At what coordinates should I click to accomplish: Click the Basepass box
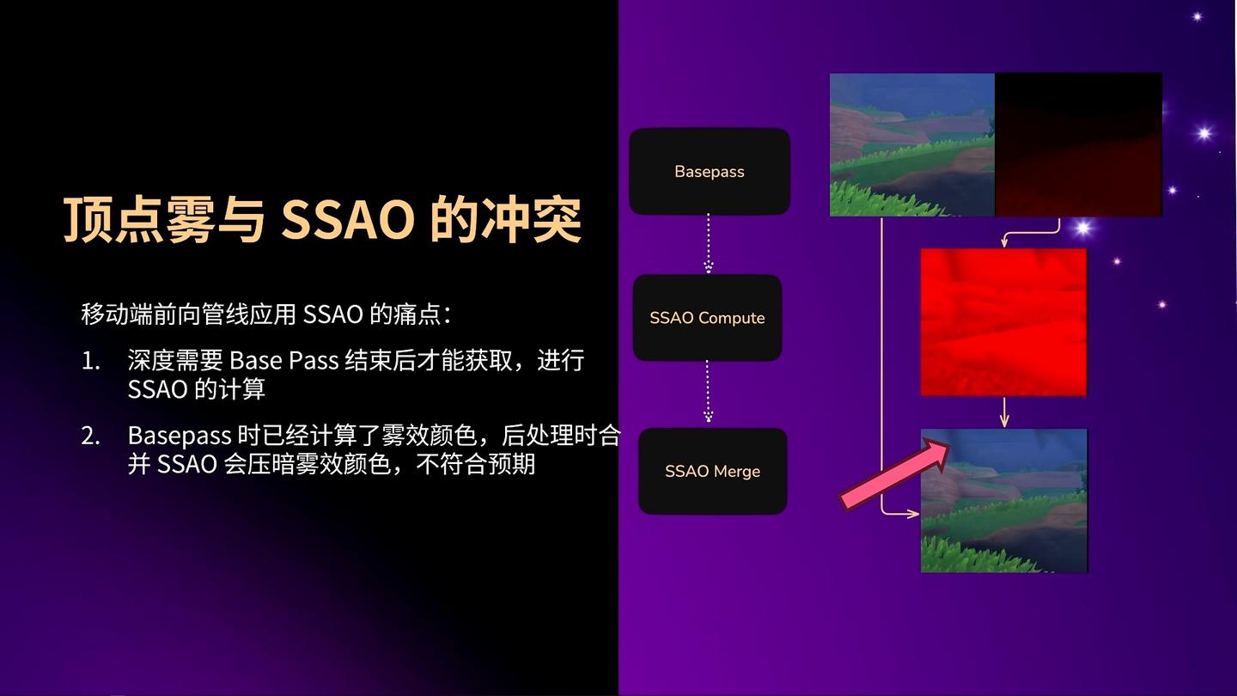710,171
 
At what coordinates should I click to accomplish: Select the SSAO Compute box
708,318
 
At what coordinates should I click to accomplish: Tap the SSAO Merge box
712,471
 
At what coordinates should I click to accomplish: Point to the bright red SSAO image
1003,322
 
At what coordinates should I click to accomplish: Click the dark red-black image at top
1079,144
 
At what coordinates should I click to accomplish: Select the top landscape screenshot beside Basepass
912,144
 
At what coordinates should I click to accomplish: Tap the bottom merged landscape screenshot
1004,500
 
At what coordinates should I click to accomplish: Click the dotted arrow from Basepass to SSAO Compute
709,244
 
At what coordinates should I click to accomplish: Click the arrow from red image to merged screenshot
1004,412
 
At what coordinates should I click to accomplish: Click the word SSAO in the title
348,219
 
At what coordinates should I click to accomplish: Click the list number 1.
90,361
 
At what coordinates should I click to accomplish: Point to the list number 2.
90,437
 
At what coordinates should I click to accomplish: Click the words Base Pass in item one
283,361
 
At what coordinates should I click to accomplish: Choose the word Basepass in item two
180,437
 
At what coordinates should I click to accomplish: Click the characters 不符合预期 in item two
476,465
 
